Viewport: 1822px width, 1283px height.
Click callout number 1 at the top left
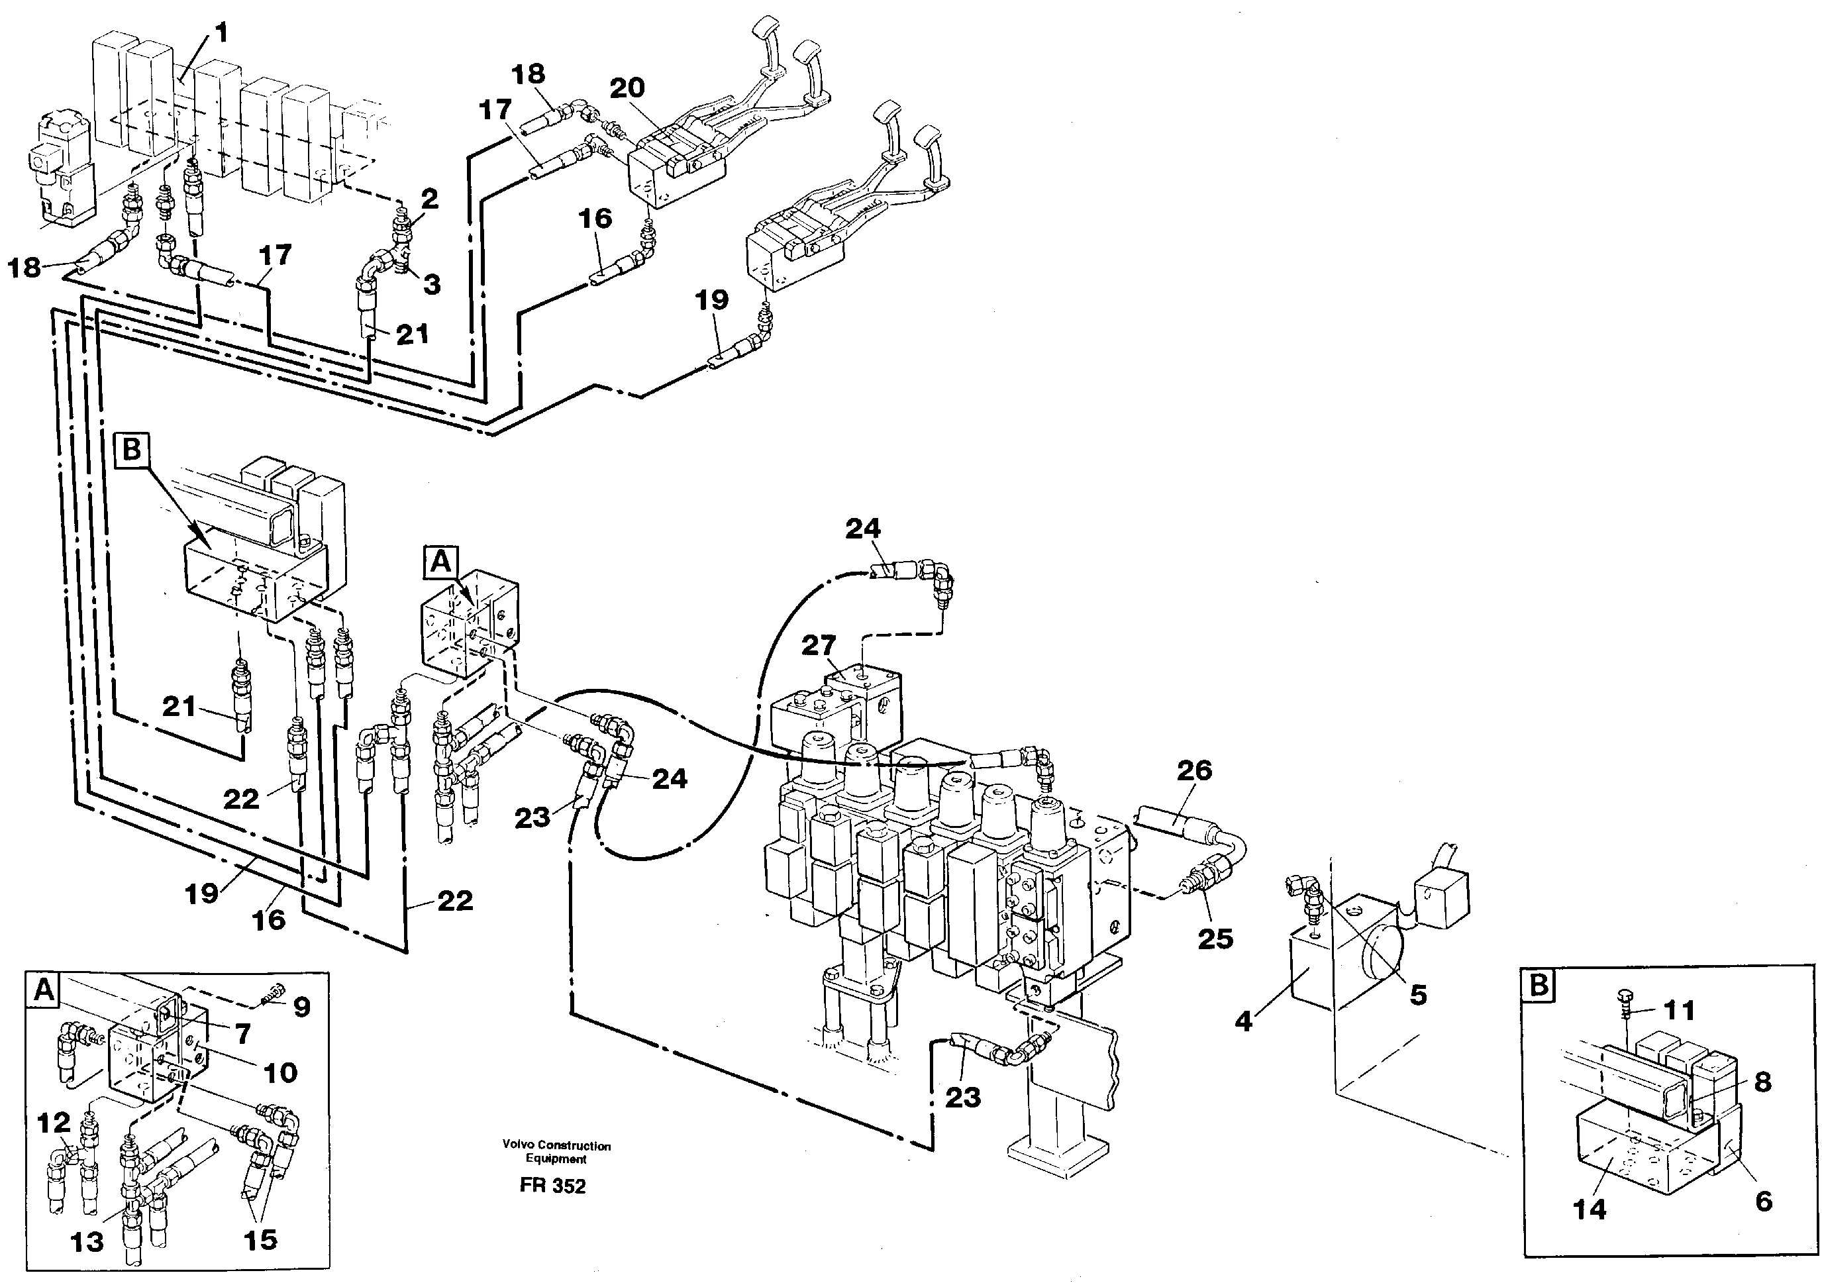click(221, 33)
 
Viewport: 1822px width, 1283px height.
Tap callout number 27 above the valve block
click(819, 645)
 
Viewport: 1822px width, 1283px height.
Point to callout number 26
click(1194, 770)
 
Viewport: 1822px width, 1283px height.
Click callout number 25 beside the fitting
click(1214, 939)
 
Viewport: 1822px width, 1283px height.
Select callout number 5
click(1417, 994)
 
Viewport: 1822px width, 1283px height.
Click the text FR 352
click(552, 1186)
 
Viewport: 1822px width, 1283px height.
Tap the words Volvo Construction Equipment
click(556, 1152)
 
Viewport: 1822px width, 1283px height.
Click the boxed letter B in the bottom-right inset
click(1539, 986)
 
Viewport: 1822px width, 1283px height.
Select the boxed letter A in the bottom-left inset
click(44, 990)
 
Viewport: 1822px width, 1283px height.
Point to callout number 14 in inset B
click(1590, 1209)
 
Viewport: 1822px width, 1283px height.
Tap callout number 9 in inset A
click(301, 1007)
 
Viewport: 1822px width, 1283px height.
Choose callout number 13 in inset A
click(87, 1242)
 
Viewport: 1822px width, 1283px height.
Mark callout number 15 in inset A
click(260, 1239)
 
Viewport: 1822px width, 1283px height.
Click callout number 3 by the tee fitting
click(431, 284)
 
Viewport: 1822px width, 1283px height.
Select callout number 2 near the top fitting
click(429, 198)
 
